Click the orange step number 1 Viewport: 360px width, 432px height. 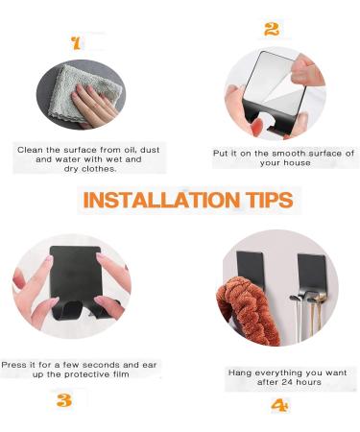pyautogui.click(x=76, y=42)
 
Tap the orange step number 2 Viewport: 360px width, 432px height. pyautogui.click(x=272, y=30)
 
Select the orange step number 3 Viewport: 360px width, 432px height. pyautogui.click(x=63, y=400)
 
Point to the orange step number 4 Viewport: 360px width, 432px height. pyautogui.click(x=279, y=405)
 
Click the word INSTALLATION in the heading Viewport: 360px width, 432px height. pyautogui.click(x=153, y=200)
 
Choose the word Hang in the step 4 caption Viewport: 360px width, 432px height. pyautogui.click(x=241, y=372)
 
